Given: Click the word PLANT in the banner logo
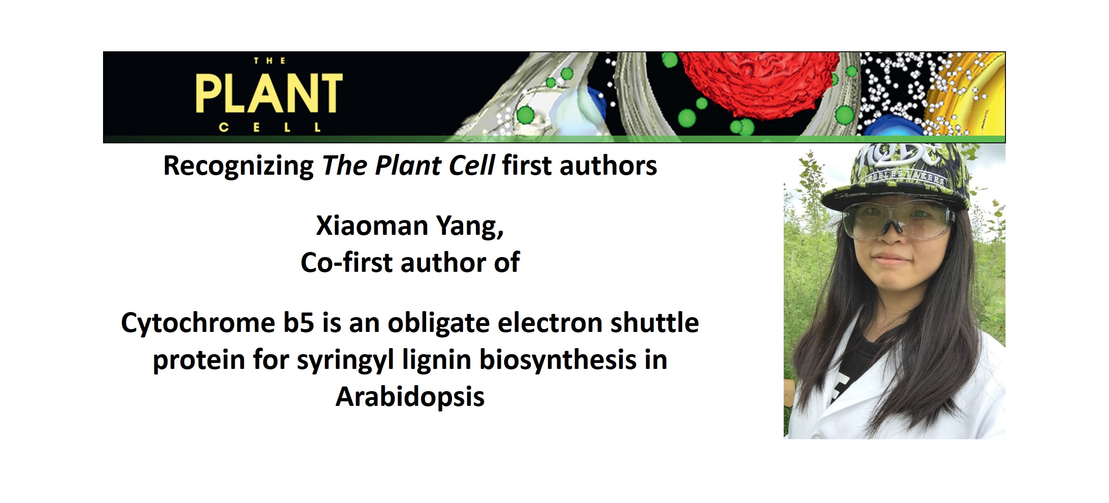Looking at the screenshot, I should coord(269,94).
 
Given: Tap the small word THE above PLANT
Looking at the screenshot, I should coord(269,61).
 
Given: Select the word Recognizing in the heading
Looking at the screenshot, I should coord(238,166).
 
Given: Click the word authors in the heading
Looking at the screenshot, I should coord(608,166).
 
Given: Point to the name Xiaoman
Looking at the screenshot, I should coord(372,226).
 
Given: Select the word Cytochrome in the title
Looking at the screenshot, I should coord(198,323).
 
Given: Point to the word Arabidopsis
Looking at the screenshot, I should coord(410,397).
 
